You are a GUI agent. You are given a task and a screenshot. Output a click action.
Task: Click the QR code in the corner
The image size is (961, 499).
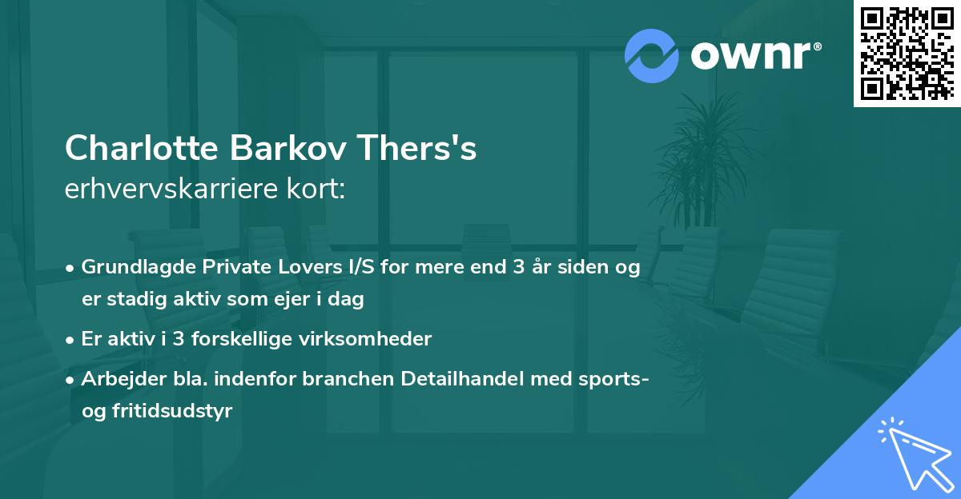[x=907, y=53]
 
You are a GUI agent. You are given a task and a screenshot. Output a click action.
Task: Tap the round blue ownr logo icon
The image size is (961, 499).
[x=652, y=55]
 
